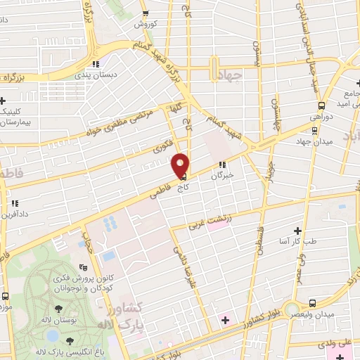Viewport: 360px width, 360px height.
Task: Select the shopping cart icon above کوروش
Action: (145, 13)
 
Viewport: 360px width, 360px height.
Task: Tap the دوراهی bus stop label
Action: (321, 118)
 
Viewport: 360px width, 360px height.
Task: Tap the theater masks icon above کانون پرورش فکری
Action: (84, 266)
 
